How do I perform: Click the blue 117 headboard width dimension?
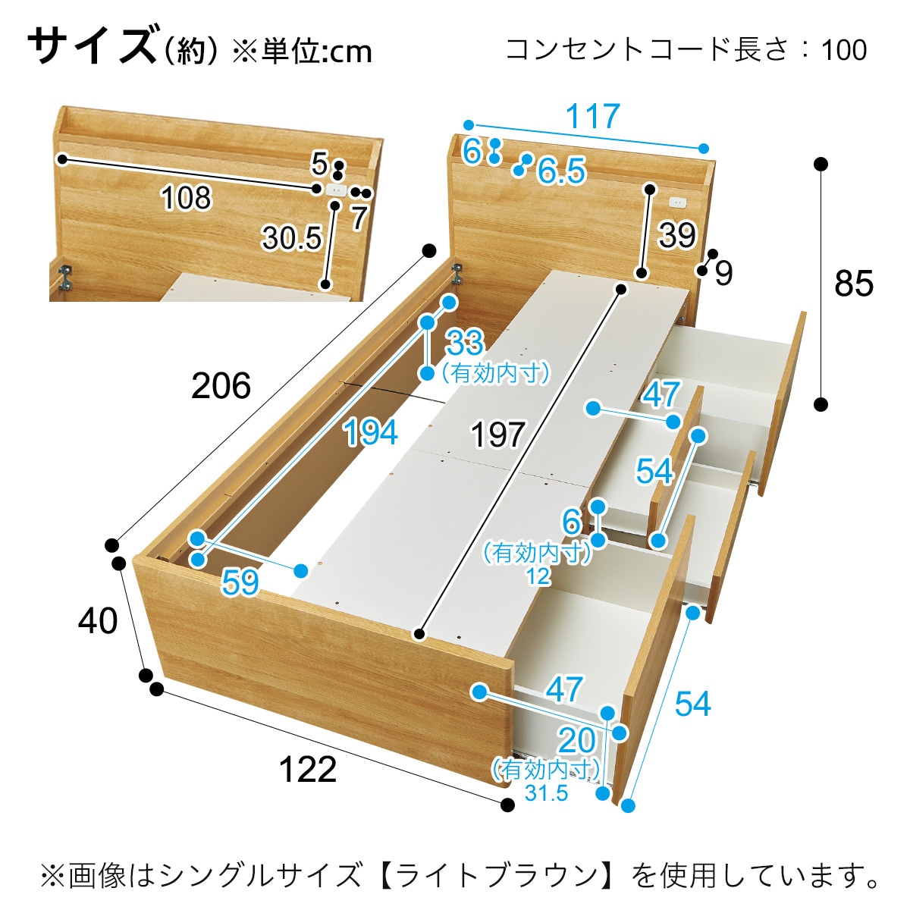pos(592,116)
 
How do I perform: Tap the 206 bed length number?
pos(221,386)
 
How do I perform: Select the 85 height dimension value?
pos(853,284)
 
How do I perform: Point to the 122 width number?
pos(308,769)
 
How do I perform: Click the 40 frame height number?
pos(98,621)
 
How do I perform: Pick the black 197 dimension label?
pos(497,435)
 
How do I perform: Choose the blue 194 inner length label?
pos(371,432)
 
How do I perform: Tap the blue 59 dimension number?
pos(241,582)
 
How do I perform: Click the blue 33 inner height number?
pos(465,343)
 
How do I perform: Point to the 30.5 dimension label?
pos(292,237)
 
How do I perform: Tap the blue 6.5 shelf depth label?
pos(561,170)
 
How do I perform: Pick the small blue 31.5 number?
pos(546,793)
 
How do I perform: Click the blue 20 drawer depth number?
pos(576,740)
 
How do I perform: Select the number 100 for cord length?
pos(844,49)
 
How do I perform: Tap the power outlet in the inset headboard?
pos(336,190)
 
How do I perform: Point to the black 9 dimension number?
pos(723,272)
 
